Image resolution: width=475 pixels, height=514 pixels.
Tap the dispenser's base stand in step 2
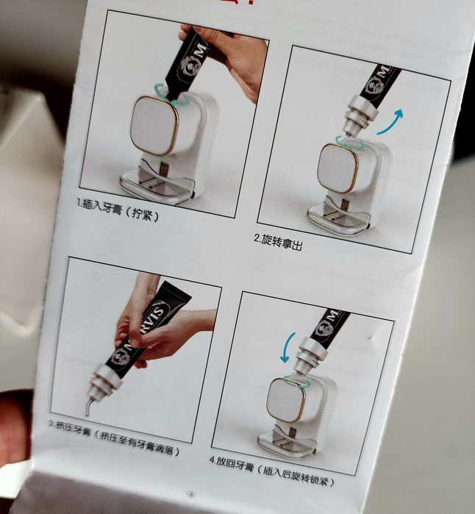click(337, 218)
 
